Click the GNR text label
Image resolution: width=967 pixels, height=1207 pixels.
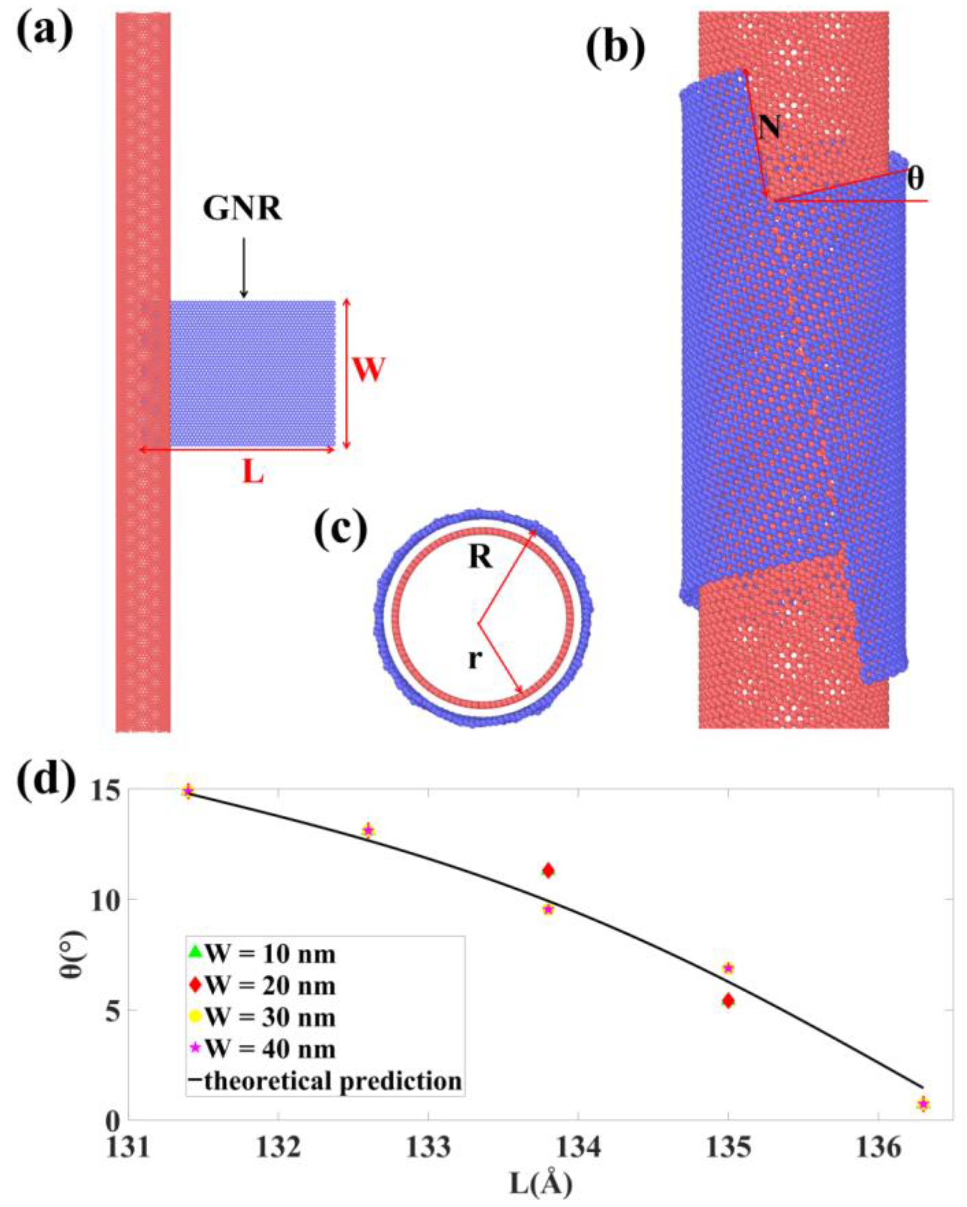(243, 209)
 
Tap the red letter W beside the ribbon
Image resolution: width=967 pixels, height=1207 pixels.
(369, 370)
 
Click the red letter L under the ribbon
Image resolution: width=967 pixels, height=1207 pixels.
(253, 473)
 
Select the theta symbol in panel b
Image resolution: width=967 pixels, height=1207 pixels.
(915, 179)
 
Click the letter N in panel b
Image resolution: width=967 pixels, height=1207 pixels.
(769, 127)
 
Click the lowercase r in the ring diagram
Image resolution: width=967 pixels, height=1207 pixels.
(474, 660)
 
